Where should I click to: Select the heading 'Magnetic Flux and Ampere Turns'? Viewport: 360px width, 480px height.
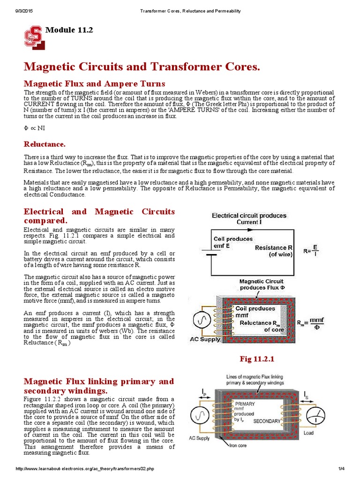pyautogui.click(x=94, y=83)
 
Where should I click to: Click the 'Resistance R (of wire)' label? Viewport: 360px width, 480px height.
pyautogui.click(x=274, y=251)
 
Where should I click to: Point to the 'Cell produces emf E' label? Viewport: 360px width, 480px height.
pyautogui.click(x=233, y=242)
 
